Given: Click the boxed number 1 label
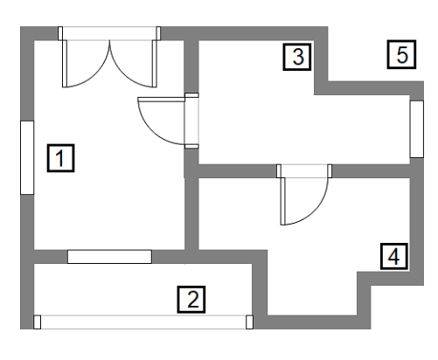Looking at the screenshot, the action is pos(60,158).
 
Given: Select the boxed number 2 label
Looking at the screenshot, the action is pos(191,300).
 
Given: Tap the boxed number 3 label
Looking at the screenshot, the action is pos(297,57).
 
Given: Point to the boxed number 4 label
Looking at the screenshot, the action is pos(394,257).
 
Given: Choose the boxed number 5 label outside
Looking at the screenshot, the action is pos(401,55).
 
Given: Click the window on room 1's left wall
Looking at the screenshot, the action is pos(27,157).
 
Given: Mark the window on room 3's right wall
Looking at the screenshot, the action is pos(417,129).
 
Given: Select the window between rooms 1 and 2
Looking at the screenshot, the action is pos(109,257).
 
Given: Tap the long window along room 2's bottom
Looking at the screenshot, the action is pos(143,322).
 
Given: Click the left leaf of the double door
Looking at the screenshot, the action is pos(65,64).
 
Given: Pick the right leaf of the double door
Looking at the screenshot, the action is pos(155,64).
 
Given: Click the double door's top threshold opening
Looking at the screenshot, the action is pos(109,33).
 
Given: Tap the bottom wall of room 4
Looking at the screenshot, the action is pos(312,322).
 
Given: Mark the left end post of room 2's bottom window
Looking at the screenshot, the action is pos(37,322).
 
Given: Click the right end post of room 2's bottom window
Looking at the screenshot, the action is pos(249,322).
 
